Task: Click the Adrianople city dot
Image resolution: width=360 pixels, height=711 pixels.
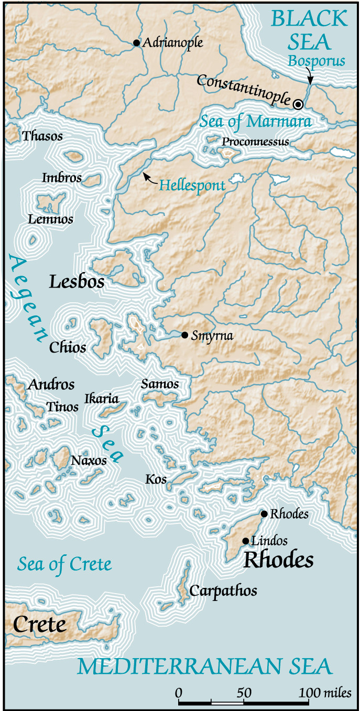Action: [x=137, y=43]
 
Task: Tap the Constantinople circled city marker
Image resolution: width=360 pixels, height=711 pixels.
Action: [x=298, y=104]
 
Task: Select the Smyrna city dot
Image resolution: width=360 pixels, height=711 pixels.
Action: [x=184, y=335]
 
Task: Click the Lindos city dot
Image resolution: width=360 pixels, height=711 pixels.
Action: [x=245, y=541]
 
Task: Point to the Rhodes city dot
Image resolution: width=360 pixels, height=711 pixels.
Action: [x=264, y=514]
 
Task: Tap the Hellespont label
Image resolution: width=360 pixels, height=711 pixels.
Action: [x=192, y=185]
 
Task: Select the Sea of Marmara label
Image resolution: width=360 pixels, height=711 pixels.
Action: [x=255, y=122]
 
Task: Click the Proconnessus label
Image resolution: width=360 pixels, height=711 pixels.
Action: [x=255, y=142]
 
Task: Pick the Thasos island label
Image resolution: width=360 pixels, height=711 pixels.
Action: [x=42, y=136]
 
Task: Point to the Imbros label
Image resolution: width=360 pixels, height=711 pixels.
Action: [x=62, y=178]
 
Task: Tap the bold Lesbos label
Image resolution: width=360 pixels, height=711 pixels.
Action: [x=77, y=282]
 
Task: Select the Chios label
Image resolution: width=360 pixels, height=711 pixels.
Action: [x=68, y=347]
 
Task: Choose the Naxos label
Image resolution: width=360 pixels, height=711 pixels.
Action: [x=89, y=461]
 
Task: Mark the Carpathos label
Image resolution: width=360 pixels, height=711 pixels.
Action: [x=223, y=591]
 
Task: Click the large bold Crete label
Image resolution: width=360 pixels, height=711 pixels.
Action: [x=40, y=625]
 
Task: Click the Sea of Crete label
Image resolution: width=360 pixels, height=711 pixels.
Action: [x=64, y=564]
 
